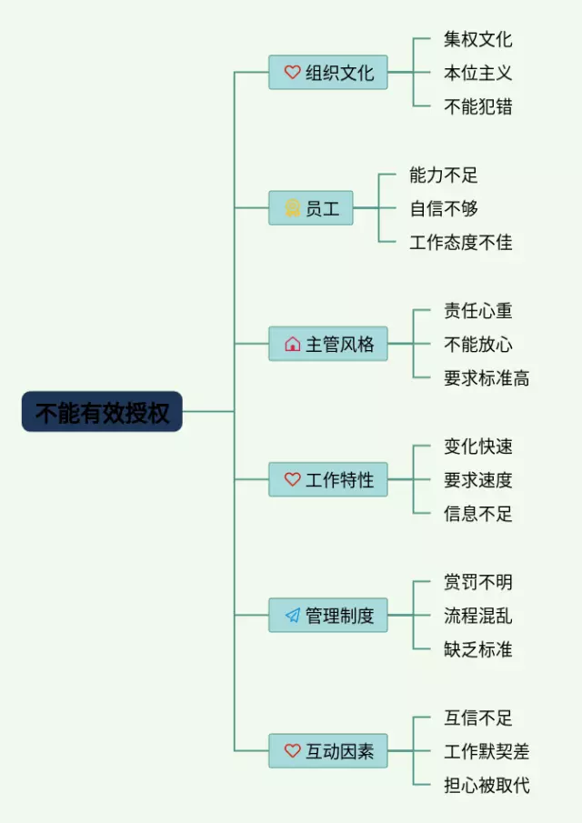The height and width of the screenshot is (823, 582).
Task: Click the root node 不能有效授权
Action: point(102,412)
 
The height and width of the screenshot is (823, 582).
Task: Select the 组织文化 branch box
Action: point(328,73)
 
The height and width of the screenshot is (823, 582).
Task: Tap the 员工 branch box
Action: point(311,208)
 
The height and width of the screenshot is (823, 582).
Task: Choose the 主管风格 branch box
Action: point(328,345)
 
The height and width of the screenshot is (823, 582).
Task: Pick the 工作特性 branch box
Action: point(328,480)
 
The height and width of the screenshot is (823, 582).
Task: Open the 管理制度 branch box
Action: point(328,616)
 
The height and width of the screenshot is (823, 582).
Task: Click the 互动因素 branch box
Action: point(328,751)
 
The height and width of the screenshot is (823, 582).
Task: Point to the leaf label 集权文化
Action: point(477,39)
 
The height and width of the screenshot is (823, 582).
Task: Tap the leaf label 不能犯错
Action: point(477,107)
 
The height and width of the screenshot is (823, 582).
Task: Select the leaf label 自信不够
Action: point(444,209)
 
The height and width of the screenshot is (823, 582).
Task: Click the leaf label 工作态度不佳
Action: point(461,243)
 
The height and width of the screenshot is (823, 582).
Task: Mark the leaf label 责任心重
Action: point(477,311)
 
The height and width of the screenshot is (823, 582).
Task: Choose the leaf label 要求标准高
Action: point(487,378)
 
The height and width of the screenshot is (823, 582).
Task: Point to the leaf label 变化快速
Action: point(477,447)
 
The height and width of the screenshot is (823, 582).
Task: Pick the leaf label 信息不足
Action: point(477,514)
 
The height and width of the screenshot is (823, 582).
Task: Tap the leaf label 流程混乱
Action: point(477,616)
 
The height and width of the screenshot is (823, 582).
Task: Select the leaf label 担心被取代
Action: point(487,786)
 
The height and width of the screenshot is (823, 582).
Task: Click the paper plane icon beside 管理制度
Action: point(292,616)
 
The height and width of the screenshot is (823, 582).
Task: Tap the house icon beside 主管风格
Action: point(292,345)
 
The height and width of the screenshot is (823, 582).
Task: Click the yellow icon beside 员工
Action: point(292,208)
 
